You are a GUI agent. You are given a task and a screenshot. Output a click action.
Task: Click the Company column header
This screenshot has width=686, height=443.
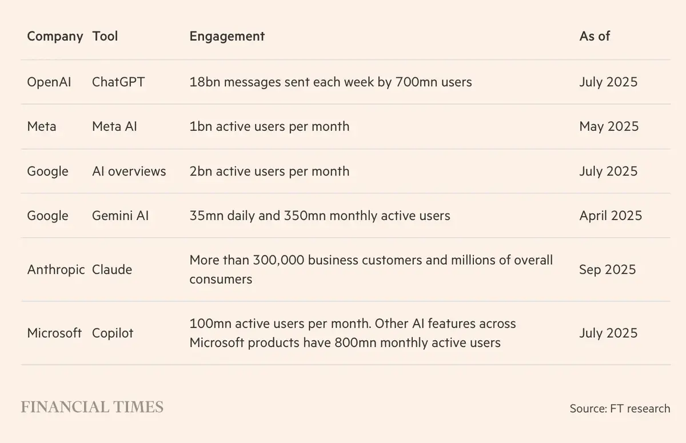click(55, 36)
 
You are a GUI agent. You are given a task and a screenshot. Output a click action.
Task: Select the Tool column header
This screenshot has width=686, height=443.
click(105, 36)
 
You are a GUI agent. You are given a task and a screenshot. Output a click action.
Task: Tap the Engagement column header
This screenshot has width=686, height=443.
click(227, 36)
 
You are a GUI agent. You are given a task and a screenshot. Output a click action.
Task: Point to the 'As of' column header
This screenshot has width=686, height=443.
click(595, 36)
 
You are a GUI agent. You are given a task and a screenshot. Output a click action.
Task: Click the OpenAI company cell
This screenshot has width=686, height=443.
click(49, 82)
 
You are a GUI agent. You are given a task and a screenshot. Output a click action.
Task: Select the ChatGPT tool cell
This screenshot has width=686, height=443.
click(118, 82)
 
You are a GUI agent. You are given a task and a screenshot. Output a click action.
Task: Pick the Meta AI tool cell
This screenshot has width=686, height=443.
click(114, 126)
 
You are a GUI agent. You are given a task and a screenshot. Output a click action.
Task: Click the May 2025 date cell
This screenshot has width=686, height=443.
click(609, 126)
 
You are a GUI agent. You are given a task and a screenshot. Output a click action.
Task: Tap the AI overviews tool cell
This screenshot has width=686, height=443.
click(129, 171)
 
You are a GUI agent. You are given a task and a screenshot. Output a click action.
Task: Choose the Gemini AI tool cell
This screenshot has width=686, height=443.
click(120, 215)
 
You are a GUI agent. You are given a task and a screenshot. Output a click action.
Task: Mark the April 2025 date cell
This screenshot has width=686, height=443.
click(611, 215)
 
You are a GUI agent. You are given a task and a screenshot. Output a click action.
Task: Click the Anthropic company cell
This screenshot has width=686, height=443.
click(56, 269)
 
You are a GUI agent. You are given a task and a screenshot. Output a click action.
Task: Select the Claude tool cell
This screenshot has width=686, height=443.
click(112, 269)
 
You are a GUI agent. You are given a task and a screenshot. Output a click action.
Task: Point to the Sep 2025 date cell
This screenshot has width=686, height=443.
click(607, 269)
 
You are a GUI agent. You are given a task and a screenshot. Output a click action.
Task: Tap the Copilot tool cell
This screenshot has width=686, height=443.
click(113, 333)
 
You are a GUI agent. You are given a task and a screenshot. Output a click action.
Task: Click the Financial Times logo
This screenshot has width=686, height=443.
click(92, 407)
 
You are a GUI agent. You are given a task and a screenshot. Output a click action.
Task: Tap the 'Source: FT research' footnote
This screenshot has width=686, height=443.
click(620, 408)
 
